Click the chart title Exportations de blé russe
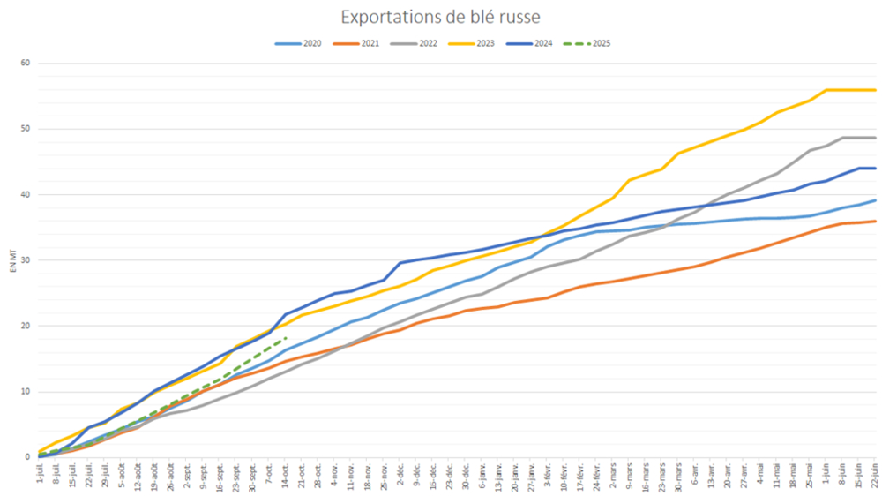440,17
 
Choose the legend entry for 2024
531,43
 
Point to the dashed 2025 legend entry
590,43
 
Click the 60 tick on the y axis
26,64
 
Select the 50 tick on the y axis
26,129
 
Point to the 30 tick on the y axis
26,260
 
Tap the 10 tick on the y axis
26,392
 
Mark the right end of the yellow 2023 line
875,90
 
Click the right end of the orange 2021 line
875,222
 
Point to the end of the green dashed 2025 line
288,337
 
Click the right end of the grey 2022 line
875,138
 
